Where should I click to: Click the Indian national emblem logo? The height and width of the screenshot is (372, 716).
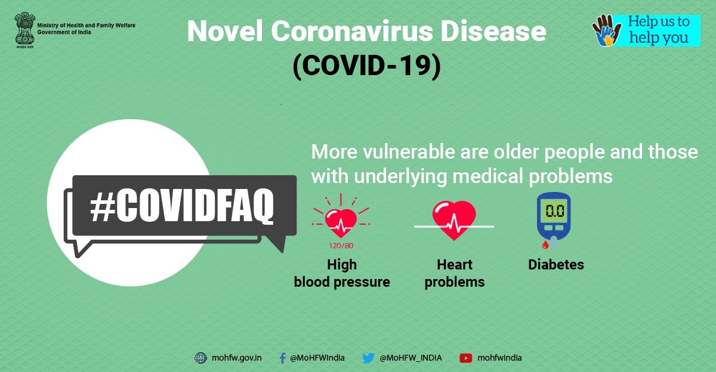click(x=24, y=30)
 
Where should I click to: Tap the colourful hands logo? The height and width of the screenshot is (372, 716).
click(x=607, y=30)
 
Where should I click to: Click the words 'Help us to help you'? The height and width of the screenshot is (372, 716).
click(x=659, y=30)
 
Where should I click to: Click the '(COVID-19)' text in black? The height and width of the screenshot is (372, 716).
click(x=366, y=66)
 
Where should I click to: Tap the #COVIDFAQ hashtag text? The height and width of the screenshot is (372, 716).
click(x=182, y=206)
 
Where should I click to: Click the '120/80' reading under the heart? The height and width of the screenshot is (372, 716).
click(x=341, y=246)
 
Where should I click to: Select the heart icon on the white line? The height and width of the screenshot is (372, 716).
click(x=454, y=221)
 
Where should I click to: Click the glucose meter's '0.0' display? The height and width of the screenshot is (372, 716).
click(x=555, y=211)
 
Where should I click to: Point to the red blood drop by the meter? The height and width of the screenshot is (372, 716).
click(x=545, y=244)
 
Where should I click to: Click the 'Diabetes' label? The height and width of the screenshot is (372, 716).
click(x=556, y=265)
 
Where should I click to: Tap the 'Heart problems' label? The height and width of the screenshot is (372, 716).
click(x=455, y=273)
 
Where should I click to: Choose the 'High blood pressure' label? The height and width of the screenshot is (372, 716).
click(x=342, y=273)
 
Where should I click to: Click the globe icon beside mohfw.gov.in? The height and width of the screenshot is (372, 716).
click(x=200, y=358)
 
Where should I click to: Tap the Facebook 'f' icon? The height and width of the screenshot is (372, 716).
click(x=282, y=358)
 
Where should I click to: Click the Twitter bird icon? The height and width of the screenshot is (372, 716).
click(x=368, y=358)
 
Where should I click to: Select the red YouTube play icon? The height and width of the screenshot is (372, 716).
click(x=466, y=358)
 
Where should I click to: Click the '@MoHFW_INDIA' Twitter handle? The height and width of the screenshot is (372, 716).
click(x=411, y=358)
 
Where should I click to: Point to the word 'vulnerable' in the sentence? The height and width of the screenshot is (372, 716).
click(x=409, y=151)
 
